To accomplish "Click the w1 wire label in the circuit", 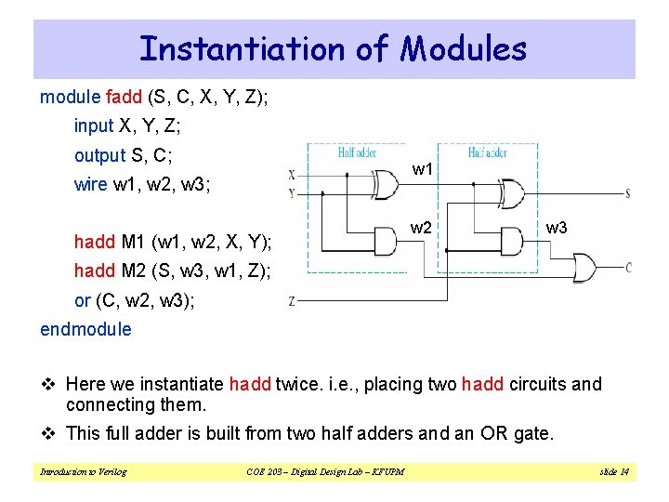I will coord(423,169).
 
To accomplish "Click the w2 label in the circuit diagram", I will coord(421,228).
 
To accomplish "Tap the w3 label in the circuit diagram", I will coord(557,228).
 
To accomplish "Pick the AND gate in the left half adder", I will coord(386,238).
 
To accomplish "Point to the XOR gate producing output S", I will coord(513,192).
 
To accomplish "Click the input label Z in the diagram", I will coord(292,300).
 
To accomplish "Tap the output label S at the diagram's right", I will coord(629,194).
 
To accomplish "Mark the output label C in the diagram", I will coord(629,268).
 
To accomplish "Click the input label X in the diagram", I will coord(292,174).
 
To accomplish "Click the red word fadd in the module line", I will coord(124,98).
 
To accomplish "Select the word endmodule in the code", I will coord(85,329).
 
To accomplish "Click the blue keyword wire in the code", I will coord(90,184).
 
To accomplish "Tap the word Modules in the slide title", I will coord(464,48).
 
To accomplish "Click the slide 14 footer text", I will coord(612,472).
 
